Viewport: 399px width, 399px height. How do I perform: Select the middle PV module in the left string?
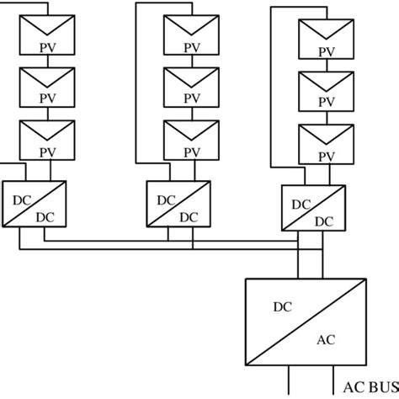tap(48, 86)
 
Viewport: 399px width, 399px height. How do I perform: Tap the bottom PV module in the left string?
tap(48, 140)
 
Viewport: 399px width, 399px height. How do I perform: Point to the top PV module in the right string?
tap(326, 39)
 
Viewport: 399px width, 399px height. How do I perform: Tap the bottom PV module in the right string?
tap(326, 144)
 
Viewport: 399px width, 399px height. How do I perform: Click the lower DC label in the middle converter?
tap(188, 216)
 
